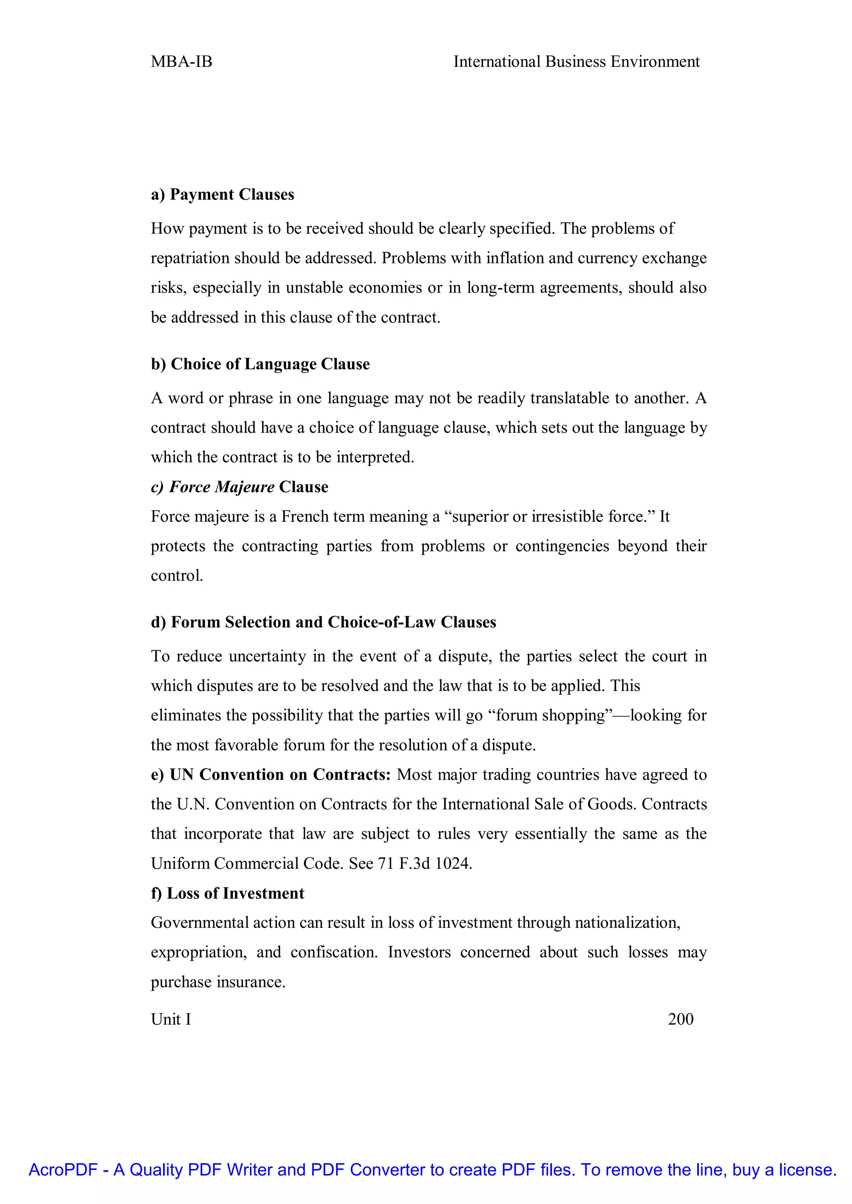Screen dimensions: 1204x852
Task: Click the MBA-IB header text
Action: click(181, 62)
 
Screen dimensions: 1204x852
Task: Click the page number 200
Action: click(681, 1019)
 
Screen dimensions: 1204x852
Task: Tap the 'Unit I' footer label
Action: click(171, 1019)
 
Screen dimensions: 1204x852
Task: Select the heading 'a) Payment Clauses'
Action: click(223, 195)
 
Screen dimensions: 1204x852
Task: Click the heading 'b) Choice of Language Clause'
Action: click(260, 364)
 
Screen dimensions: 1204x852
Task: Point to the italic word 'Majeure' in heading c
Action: click(245, 487)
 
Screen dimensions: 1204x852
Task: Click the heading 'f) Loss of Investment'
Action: click(228, 893)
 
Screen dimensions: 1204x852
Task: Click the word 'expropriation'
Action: click(198, 952)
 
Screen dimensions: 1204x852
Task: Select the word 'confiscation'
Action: click(334, 952)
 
